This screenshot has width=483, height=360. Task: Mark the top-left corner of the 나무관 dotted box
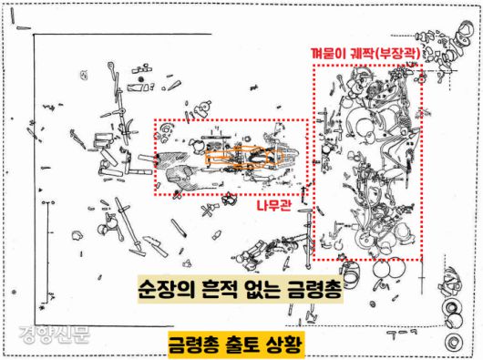pyautogui.click(x=154, y=120)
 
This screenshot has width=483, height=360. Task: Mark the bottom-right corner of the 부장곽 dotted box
pyautogui.click(x=422, y=260)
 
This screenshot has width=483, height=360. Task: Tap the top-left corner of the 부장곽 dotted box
pyautogui.click(x=313, y=65)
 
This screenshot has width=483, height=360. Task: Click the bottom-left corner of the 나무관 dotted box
pyautogui.click(x=154, y=195)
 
